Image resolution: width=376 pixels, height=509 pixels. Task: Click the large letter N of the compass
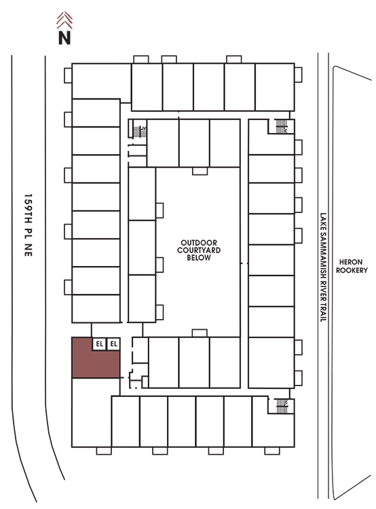coord(64,37)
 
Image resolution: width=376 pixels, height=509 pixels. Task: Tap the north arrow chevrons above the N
coord(64,20)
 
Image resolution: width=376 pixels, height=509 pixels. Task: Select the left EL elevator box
coord(99,344)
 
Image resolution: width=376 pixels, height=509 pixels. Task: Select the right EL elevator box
coord(113,344)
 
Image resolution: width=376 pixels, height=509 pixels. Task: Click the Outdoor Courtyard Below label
coord(199,250)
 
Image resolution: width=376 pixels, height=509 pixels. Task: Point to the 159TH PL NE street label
coord(29,225)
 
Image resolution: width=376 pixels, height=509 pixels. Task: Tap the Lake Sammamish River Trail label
coord(323,267)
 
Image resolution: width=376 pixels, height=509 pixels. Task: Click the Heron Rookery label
coord(352,266)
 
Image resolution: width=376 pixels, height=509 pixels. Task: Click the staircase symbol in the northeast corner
coord(282,126)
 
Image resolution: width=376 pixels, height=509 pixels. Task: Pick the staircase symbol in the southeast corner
coord(282,406)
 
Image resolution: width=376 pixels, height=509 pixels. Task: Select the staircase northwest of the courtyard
coord(140,132)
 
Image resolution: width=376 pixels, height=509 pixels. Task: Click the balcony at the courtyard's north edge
coord(200,171)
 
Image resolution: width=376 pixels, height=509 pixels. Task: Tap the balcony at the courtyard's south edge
coord(200,333)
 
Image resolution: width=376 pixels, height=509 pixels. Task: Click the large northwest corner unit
coord(101,81)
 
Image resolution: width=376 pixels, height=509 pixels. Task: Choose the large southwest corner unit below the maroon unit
coord(92,413)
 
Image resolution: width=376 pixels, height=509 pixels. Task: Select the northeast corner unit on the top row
coord(275,87)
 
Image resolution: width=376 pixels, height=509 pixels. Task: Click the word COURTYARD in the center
coord(199,250)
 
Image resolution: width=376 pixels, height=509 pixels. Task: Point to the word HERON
coord(351,262)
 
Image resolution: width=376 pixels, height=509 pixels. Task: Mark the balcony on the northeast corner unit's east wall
coord(299,75)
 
